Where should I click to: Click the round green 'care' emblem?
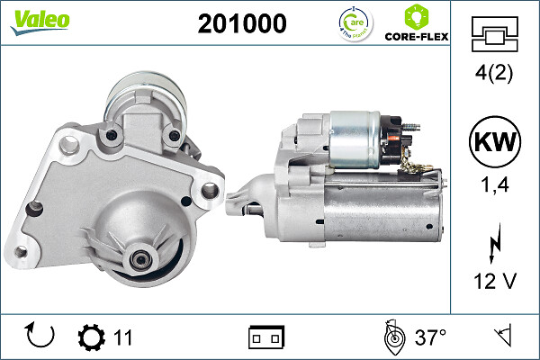tap(353, 23)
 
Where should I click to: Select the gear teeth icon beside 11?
tap(91, 338)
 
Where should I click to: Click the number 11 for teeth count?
tap(123, 338)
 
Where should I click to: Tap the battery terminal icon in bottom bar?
tap(266, 338)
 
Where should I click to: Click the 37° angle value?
tap(430, 338)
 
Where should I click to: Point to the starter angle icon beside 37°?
tap(392, 337)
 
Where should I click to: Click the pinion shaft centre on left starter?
tap(140, 258)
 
